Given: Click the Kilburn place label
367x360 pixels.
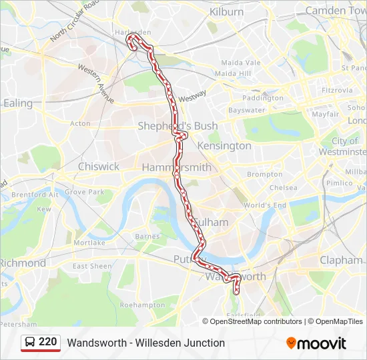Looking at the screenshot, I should (227, 12).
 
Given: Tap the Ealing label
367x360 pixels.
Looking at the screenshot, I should (18, 103).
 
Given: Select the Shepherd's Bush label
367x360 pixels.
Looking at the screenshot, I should (168, 126).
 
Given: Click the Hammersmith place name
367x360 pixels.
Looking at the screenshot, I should (176, 167).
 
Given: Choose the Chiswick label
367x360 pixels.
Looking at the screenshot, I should (99, 166).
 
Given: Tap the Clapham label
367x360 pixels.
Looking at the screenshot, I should (341, 260).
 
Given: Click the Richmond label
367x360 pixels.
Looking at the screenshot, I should (23, 263).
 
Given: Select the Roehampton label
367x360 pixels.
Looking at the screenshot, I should (142, 305).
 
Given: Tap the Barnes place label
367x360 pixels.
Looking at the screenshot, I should (147, 236).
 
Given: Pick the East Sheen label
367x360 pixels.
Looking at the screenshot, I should (92, 266).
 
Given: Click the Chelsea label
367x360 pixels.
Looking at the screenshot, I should (283, 188).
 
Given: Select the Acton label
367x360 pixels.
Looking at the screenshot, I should (80, 123).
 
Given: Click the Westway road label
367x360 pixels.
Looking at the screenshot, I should (192, 96).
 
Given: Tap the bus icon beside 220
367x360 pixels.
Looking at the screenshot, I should (30, 342).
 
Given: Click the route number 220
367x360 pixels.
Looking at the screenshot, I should (48, 342).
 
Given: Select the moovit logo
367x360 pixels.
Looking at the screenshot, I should (316, 343).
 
